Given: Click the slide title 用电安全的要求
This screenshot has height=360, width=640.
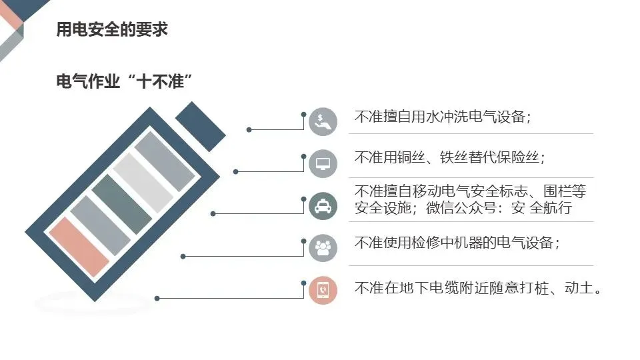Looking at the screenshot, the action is click(111, 30).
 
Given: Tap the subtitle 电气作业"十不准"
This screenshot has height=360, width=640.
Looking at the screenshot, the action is click(125, 82).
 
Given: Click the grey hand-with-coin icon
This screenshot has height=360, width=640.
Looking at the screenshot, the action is click(323, 121).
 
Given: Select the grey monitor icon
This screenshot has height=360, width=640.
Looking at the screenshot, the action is click(323, 163).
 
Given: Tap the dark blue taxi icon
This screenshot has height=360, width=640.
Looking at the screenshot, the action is click(323, 206).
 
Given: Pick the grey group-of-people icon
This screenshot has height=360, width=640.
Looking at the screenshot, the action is click(323, 247).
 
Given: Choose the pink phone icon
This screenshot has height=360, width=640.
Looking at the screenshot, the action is click(323, 290).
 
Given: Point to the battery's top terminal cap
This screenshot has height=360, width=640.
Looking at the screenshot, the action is click(201, 126).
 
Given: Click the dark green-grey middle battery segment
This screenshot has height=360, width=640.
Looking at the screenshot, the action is click(122, 204).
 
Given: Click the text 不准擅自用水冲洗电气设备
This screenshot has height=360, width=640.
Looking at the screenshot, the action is click(442, 117).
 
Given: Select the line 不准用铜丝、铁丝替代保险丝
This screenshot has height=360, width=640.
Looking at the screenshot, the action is click(449, 157).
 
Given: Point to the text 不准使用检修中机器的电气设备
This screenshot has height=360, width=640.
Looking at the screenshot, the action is click(457, 243).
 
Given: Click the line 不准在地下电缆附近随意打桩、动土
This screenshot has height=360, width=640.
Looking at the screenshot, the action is click(478, 289).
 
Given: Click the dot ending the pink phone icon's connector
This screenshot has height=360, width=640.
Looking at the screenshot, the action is click(156, 298).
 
